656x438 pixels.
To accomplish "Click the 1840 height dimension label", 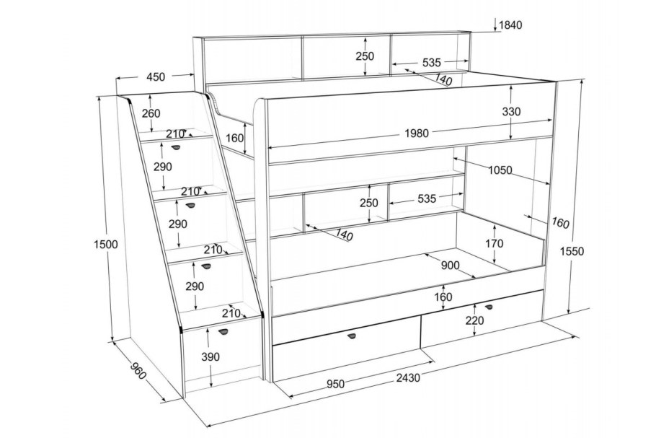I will (510, 25).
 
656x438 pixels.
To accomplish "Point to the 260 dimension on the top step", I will (151, 113).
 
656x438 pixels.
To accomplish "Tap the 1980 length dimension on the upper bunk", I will (417, 133).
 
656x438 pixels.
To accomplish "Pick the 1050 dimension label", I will (500, 170).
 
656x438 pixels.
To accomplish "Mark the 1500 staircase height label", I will (105, 245).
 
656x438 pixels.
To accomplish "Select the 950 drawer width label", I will (335, 384).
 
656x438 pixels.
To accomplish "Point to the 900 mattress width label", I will (450, 265).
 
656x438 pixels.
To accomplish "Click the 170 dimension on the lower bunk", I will (494, 243).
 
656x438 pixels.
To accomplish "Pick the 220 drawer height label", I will (474, 321).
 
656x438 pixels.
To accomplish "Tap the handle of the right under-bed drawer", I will (489, 307).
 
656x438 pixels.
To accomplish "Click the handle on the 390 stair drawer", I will (223, 332).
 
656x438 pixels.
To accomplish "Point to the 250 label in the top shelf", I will (365, 56).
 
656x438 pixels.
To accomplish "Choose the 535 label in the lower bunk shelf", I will (426, 199).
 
